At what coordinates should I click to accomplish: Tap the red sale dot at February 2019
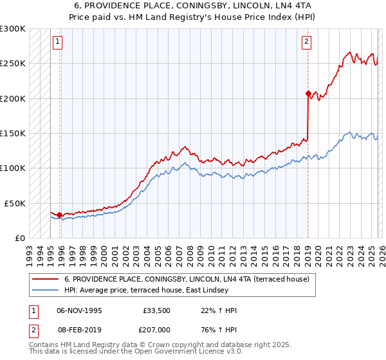click(x=308, y=94)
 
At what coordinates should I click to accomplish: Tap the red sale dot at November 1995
click(x=60, y=215)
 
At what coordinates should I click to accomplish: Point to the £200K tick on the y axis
click(x=13, y=99)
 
